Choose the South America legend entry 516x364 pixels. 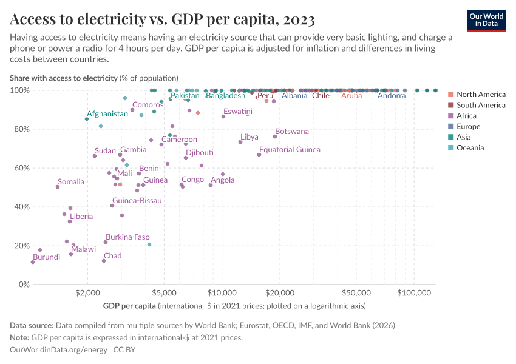481,105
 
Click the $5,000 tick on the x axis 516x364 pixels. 163,291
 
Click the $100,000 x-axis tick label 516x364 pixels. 414,291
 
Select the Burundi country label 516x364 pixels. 46,257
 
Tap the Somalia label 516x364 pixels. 71,182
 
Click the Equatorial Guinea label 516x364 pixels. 290,150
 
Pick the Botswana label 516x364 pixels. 291,132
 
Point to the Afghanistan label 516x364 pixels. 107,114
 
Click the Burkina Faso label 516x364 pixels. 127,237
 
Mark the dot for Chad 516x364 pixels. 104,261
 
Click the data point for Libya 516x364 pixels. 240,142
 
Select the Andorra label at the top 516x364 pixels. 391,96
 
